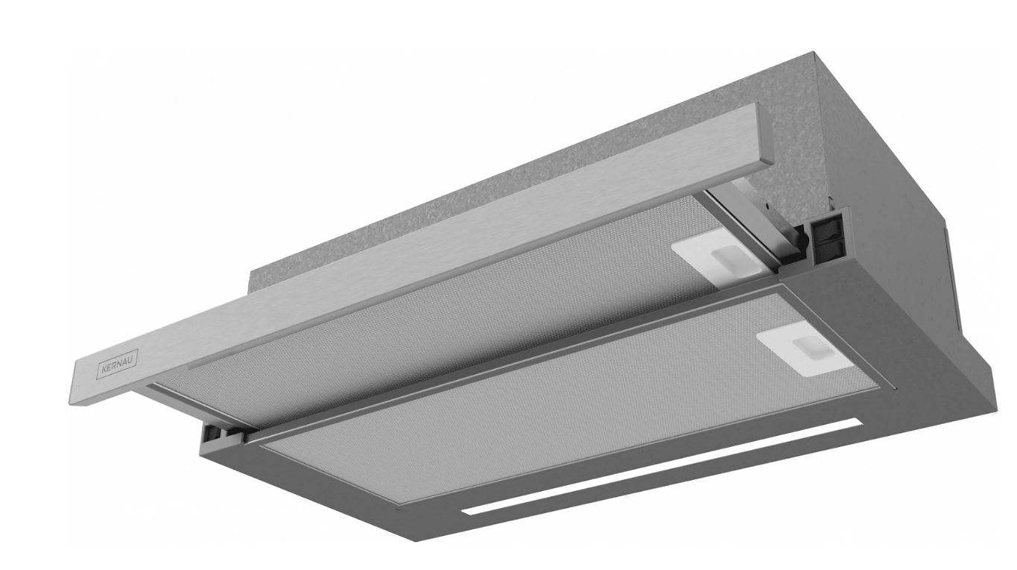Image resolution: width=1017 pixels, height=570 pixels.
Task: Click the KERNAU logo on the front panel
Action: click(118, 364)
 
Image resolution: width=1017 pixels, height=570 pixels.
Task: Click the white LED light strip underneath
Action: click(662, 466)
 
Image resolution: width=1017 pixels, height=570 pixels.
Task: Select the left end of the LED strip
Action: click(463, 511)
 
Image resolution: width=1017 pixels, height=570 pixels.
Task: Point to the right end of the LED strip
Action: click(860, 422)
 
